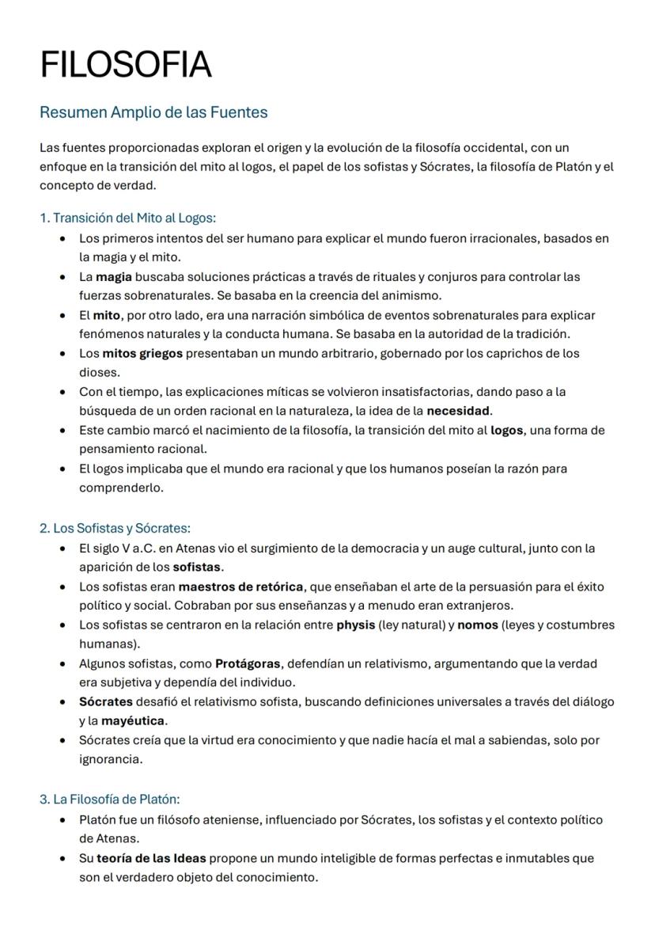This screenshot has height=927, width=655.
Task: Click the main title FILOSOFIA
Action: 126,64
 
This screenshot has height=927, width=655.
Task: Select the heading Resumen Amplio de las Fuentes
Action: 153,112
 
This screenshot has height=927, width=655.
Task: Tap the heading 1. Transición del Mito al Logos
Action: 127,218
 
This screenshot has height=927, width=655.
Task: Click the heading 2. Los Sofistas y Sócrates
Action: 115,528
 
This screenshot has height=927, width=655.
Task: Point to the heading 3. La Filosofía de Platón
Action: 110,800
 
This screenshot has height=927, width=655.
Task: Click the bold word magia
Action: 113,276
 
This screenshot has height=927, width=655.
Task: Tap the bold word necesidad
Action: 458,411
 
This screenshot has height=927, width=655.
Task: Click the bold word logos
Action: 506,430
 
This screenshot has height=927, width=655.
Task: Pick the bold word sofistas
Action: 198,567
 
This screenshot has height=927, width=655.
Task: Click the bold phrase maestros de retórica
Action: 240,587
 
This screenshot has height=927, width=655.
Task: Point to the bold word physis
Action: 355,625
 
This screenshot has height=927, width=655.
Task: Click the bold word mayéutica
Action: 133,721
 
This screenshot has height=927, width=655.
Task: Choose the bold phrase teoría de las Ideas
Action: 151,858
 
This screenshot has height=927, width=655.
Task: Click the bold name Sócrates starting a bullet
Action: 105,701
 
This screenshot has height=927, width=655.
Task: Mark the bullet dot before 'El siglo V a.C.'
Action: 62,549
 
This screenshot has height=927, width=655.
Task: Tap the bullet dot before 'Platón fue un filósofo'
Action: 62,820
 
